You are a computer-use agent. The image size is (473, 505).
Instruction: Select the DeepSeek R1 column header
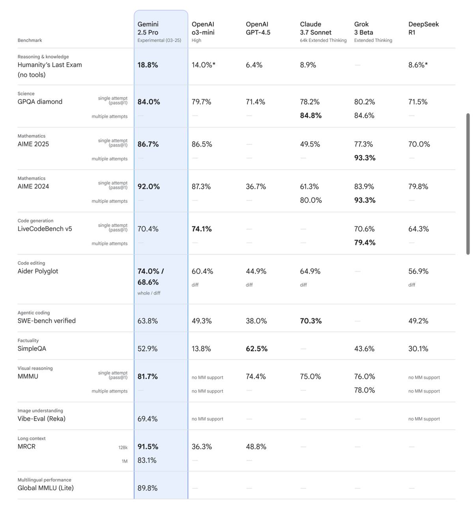(x=423, y=28)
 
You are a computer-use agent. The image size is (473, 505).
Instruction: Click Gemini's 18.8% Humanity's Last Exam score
(x=148, y=65)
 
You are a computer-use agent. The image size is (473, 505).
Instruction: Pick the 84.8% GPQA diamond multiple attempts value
(x=310, y=116)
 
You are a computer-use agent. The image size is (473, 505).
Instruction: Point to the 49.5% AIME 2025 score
(x=310, y=144)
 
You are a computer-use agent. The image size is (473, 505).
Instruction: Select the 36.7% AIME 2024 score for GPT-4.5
(x=256, y=187)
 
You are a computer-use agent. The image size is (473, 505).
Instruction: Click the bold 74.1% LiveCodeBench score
(x=202, y=229)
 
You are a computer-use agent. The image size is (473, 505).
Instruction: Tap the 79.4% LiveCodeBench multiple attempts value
(x=365, y=243)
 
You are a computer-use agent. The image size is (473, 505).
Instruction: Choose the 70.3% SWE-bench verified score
(x=310, y=321)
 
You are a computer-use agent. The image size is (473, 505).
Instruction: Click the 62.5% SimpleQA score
(x=256, y=349)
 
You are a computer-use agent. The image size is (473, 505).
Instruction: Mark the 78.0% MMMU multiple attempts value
(x=364, y=390)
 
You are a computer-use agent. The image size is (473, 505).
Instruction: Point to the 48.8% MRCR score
(x=256, y=447)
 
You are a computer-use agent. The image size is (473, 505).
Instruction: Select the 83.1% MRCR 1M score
(x=147, y=460)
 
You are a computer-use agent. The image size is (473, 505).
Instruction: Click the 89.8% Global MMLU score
(x=147, y=488)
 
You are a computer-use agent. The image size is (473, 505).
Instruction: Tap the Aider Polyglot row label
(x=38, y=271)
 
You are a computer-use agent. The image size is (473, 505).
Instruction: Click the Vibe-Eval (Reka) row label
(x=41, y=419)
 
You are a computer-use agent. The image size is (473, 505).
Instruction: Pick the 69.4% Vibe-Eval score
(x=147, y=419)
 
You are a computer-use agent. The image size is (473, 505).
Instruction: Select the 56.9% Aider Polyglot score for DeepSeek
(x=418, y=271)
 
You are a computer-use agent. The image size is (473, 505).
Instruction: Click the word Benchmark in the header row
(x=30, y=40)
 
